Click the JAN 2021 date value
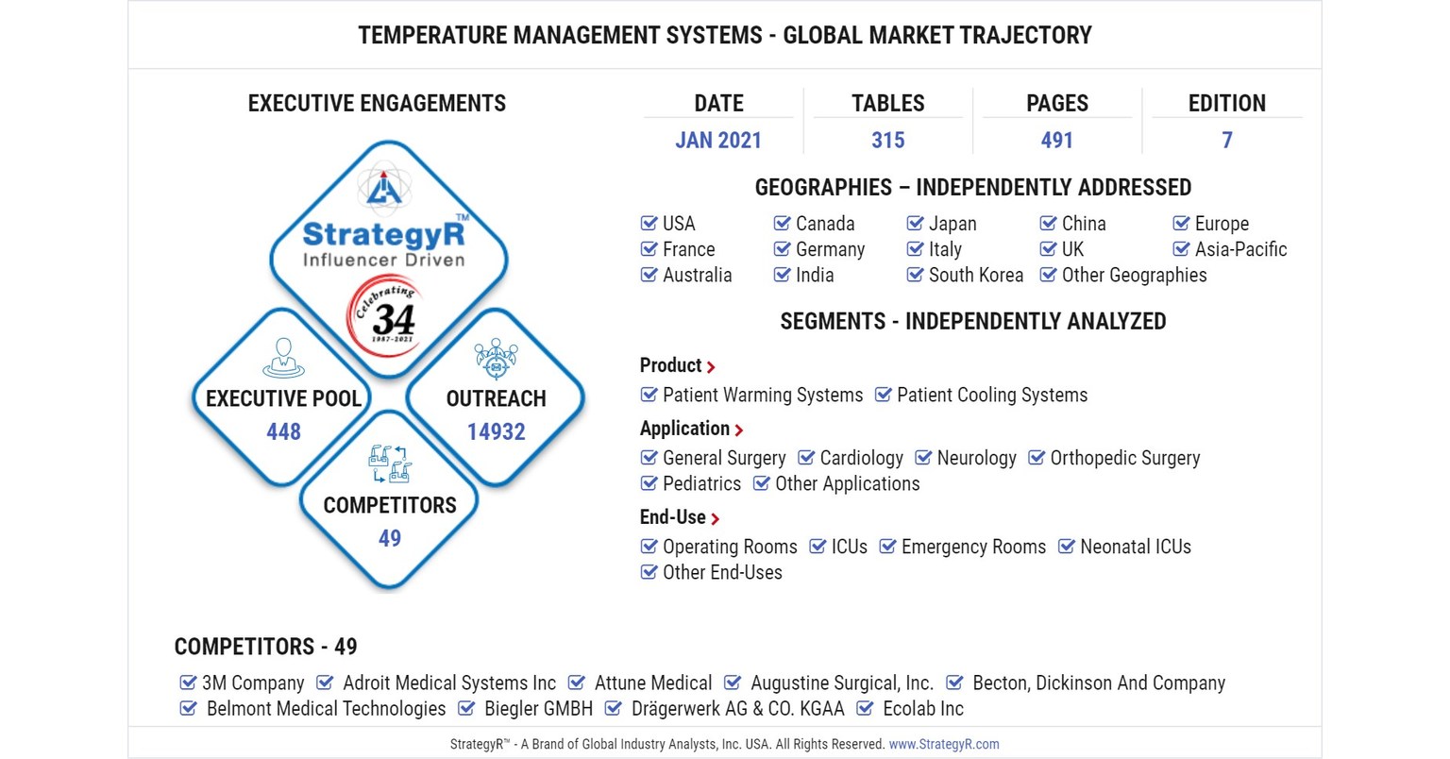717,141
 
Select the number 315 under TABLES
887,141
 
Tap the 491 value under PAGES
1056,141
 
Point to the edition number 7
1226,141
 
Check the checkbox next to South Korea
915,275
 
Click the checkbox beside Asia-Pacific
1181,249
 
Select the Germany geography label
830,249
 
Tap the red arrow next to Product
711,367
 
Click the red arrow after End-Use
716,519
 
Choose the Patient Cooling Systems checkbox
883,395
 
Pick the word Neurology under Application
976,458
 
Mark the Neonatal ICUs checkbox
1067,547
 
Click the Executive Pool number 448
283,431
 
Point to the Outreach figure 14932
496,431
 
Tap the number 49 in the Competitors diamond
389,538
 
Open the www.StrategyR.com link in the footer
943,744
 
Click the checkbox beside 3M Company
188,683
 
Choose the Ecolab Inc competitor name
922,708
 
